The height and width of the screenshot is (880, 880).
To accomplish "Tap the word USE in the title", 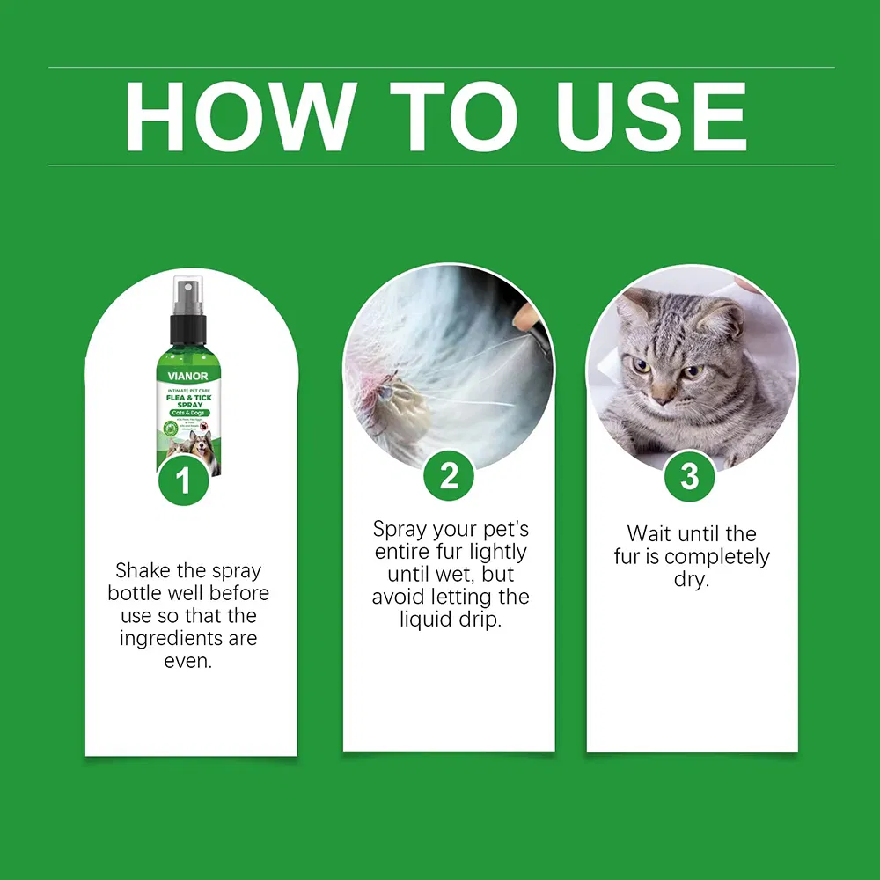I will pyautogui.click(x=652, y=116).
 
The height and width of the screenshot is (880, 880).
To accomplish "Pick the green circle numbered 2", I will pyautogui.click(x=449, y=476).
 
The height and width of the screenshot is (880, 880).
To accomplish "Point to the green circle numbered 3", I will pyautogui.click(x=690, y=476).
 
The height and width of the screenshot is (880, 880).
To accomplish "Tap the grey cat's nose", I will pyautogui.click(x=663, y=391).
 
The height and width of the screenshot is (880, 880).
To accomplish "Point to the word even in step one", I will pyautogui.click(x=187, y=661).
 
